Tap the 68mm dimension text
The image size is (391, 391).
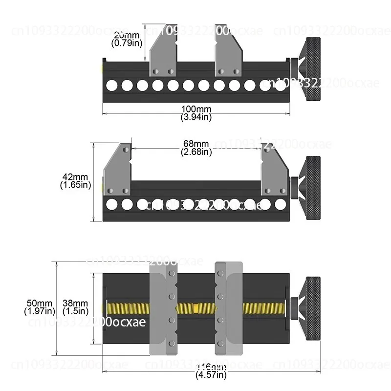(196, 144)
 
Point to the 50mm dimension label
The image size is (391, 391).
(39, 303)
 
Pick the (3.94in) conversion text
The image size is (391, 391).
(196, 117)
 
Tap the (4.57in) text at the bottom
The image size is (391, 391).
(211, 375)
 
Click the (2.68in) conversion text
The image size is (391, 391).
(196, 152)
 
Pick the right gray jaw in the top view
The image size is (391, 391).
(227, 54)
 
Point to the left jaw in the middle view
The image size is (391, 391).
(118, 169)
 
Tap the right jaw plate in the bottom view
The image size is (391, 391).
(228, 308)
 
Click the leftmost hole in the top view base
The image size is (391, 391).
(111, 86)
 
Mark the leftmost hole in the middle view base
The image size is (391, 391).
(111, 204)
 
